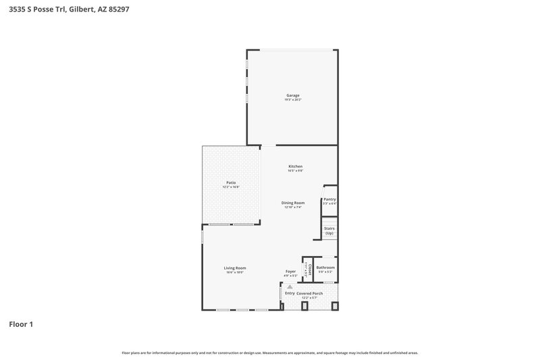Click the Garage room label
point(293,95)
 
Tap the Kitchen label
point(296,166)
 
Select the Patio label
point(231,182)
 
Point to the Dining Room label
point(293,203)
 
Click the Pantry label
point(329,199)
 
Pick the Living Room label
point(235,268)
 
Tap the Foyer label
point(291,272)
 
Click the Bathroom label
point(325,267)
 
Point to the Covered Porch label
point(309,293)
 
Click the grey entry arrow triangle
point(290,286)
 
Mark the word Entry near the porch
point(290,293)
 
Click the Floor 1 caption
point(21,324)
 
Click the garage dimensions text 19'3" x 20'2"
point(293,99)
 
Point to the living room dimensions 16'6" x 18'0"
point(235,272)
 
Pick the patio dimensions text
point(231,186)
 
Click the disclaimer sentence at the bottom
point(270,353)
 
